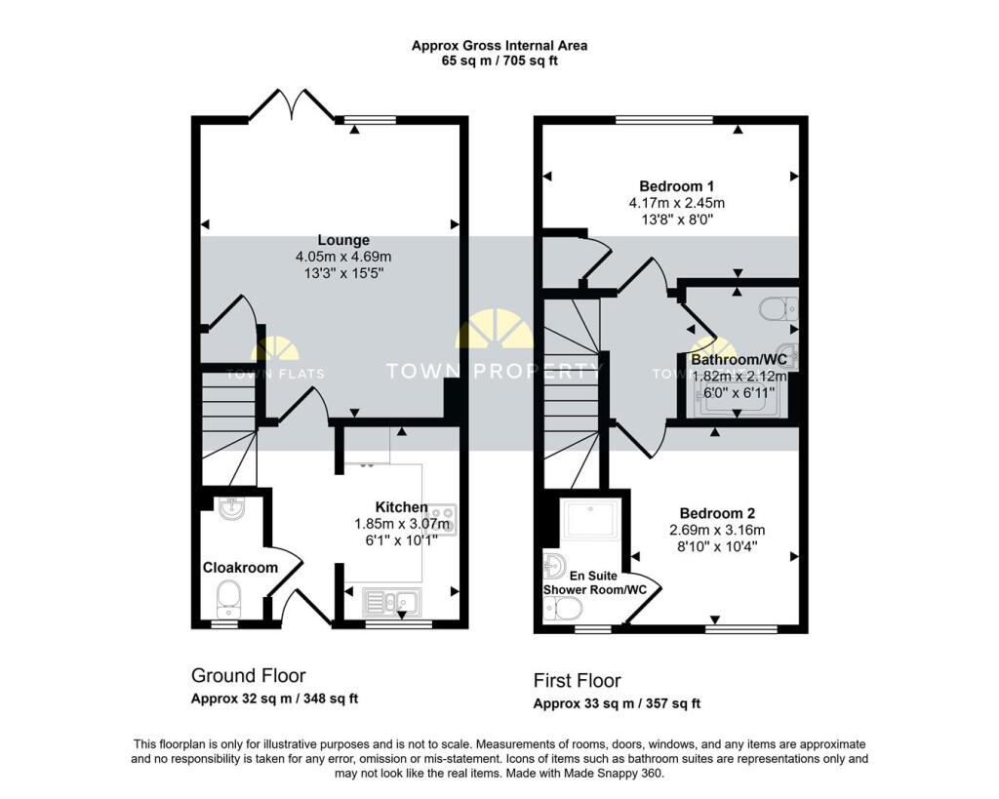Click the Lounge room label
coord(343,240)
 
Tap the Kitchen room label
coord(401,507)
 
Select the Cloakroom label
coord(240,567)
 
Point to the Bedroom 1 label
coord(677,186)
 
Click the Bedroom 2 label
coord(717,513)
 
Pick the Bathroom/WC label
coord(739,359)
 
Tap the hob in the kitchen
coord(440,519)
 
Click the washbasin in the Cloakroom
coord(231,508)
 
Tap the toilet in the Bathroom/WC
coord(779,309)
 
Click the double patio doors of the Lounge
coord(292,105)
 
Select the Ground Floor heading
coord(249,675)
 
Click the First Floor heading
coord(578,681)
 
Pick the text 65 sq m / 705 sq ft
coord(499,61)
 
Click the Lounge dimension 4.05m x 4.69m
coord(343,257)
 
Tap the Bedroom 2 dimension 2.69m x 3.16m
coord(717,530)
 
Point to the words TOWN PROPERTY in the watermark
coord(495,371)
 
